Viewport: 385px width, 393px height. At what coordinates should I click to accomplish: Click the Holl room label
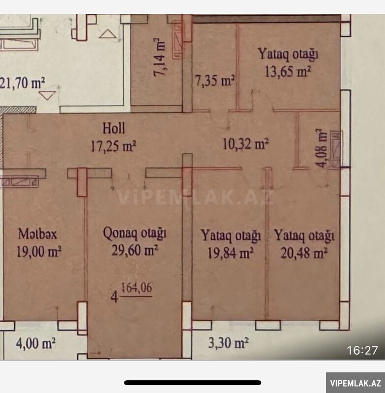coord(114,128)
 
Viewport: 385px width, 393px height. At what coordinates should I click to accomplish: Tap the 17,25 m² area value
coord(113,146)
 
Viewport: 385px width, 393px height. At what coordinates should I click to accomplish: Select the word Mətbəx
coord(38,234)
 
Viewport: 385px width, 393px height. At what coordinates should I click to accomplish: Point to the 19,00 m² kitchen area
coord(39,252)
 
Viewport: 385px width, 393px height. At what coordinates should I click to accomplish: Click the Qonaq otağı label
coord(135,233)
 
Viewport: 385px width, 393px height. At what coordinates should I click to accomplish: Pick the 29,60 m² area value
coord(135,250)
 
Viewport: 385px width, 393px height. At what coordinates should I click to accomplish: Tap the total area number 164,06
coord(137,288)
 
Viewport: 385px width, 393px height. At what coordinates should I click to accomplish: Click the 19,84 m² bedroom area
coord(230,253)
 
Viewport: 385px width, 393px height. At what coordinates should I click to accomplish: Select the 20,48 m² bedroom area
coord(304,253)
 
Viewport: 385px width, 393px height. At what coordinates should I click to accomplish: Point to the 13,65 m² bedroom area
coord(288,71)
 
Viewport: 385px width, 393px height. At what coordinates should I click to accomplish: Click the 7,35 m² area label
coord(215,81)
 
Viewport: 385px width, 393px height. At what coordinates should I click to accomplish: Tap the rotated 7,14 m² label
coord(160,57)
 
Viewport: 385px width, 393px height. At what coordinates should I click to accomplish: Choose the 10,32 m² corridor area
coord(246,144)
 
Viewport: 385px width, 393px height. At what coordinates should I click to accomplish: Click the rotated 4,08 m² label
coord(321,148)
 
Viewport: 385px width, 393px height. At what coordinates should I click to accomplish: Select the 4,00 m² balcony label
coord(35,343)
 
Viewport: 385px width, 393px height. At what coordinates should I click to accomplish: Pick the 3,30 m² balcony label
coord(229,342)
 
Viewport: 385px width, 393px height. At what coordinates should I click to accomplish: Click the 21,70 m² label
coord(22,83)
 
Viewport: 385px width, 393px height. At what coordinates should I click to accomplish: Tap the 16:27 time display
coord(362,350)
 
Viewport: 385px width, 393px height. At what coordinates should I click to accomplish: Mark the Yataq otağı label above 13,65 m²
coord(288,54)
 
